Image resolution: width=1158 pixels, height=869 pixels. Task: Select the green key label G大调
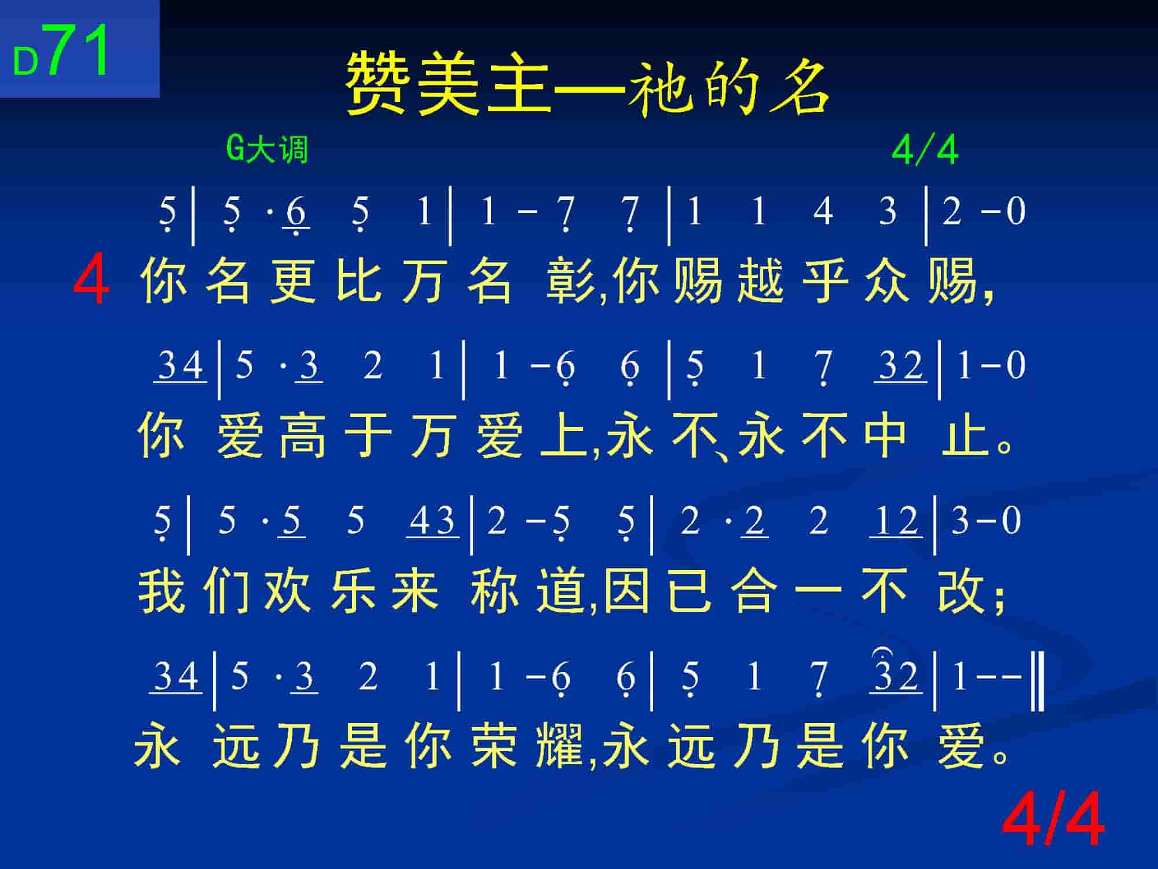267,149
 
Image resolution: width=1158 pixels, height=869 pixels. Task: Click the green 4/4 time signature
925,150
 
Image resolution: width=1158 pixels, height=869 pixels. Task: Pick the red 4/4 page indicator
1053,821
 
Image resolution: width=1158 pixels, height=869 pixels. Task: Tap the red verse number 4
91,282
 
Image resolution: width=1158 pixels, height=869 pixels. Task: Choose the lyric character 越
760,281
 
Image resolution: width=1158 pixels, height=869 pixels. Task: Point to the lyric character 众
887,281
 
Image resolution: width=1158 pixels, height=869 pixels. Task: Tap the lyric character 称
494,590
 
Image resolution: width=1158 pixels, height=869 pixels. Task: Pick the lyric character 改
961,590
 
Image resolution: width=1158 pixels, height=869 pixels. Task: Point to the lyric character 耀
559,746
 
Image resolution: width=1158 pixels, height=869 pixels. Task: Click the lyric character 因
626,590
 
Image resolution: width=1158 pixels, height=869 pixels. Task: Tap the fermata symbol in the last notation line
880,653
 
